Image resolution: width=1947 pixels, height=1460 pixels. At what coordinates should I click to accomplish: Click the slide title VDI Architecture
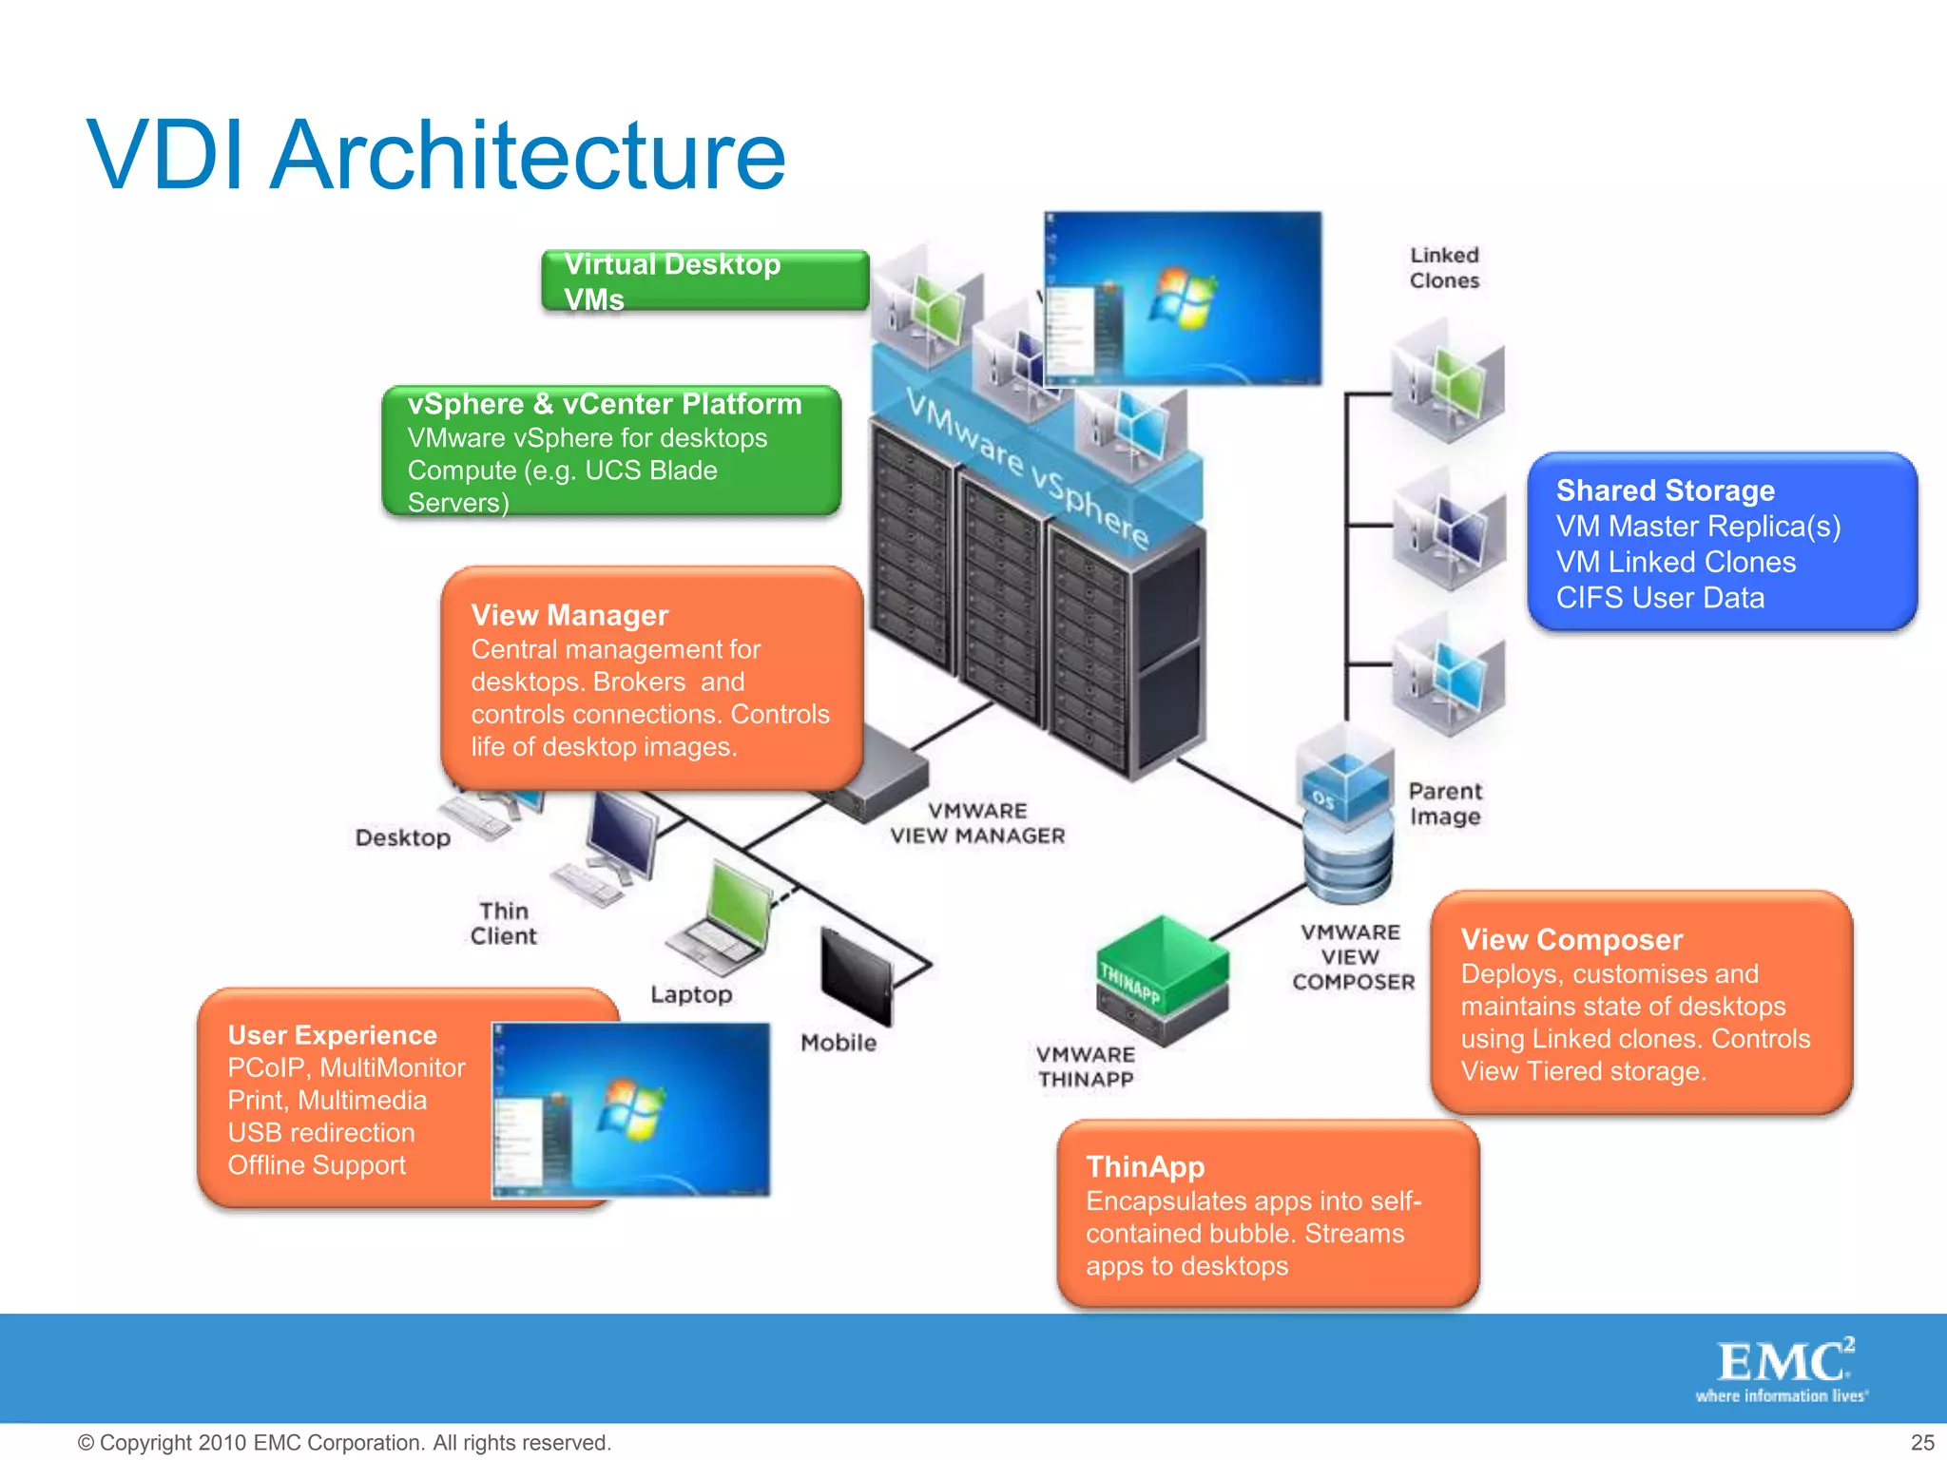point(436,155)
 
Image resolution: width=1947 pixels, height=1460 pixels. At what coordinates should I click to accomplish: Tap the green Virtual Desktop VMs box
point(704,280)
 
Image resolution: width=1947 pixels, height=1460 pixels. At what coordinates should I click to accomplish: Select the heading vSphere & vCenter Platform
point(605,404)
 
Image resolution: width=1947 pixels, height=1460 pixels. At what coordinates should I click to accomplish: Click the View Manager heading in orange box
point(569,615)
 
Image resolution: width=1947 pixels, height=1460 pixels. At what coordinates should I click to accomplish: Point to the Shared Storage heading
point(1665,490)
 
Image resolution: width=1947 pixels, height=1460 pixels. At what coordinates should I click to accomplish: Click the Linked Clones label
point(1444,268)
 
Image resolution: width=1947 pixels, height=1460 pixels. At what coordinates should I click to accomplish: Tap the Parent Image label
point(1445,804)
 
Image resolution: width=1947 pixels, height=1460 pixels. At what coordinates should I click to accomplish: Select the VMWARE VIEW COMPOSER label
point(1353,957)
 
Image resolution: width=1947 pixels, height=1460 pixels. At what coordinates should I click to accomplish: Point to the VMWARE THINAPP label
point(1086,1067)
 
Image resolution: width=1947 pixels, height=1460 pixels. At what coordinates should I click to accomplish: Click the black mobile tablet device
point(856,976)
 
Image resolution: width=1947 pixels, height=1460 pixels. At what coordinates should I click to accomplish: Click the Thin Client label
point(503,924)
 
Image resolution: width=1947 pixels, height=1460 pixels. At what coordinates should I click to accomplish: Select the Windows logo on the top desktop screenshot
point(1181,298)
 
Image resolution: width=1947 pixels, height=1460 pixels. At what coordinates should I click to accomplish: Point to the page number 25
point(1921,1442)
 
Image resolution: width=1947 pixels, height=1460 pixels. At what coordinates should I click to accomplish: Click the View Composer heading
point(1571,940)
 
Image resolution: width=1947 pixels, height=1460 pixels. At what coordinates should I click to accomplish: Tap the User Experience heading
point(332,1035)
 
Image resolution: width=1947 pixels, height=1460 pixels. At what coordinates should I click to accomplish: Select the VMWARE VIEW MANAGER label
point(977,823)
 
